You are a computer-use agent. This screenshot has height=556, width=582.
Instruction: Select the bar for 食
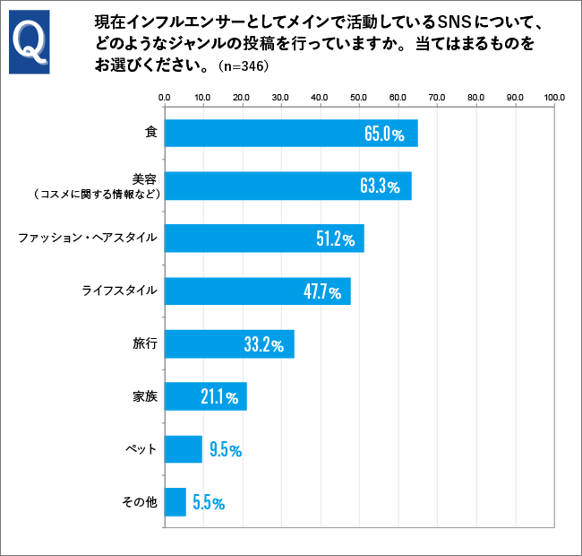(x=290, y=134)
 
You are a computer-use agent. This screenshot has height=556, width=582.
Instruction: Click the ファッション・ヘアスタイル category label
(x=88, y=238)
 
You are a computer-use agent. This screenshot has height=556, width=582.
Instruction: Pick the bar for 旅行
(x=228, y=344)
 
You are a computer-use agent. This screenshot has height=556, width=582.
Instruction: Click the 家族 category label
(x=145, y=396)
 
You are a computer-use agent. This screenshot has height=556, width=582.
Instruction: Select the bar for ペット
(x=183, y=449)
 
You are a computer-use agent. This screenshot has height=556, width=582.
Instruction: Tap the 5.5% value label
(x=208, y=503)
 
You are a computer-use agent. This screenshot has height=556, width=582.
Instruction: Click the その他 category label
(x=140, y=502)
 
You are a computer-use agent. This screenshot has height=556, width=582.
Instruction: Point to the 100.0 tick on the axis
(x=553, y=97)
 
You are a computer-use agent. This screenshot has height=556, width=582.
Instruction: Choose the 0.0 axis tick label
(x=164, y=97)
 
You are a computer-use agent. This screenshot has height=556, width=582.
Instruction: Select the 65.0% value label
(x=385, y=134)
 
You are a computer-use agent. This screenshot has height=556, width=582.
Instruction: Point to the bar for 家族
(x=205, y=396)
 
